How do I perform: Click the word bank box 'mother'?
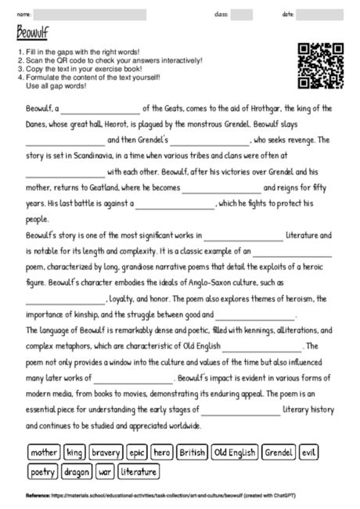pos(44,452)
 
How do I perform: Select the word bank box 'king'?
pos(75,452)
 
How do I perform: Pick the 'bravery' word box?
pos(106,452)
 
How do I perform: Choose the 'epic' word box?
pos(138,452)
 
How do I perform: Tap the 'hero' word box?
pos(162,452)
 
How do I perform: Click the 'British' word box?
pos(193,452)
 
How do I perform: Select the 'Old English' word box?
pos(236,452)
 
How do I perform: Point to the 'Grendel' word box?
pos(279,452)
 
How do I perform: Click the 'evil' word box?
pos(310,452)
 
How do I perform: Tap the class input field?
pos(242,14)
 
